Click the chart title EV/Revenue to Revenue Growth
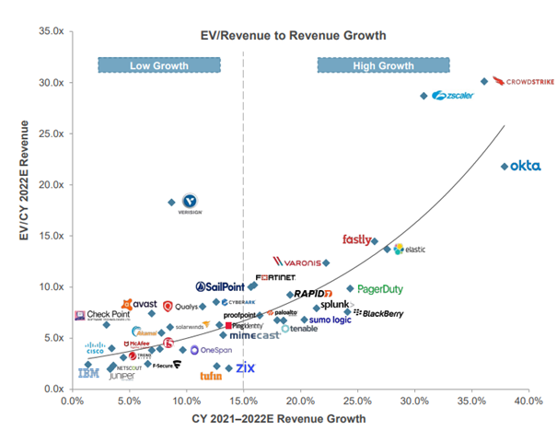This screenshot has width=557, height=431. (x=293, y=36)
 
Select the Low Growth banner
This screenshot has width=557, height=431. (x=158, y=65)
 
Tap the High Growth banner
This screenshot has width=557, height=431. (x=383, y=65)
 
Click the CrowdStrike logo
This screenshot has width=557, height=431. (x=522, y=82)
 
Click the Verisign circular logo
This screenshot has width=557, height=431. (x=190, y=200)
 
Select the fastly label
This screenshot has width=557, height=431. (x=356, y=240)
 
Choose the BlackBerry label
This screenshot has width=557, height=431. (x=379, y=314)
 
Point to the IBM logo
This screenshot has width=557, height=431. (x=88, y=373)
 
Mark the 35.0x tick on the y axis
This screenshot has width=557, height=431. (x=49, y=31)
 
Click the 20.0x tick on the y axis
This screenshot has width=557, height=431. (x=49, y=185)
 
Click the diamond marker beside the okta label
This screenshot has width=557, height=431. (x=505, y=167)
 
